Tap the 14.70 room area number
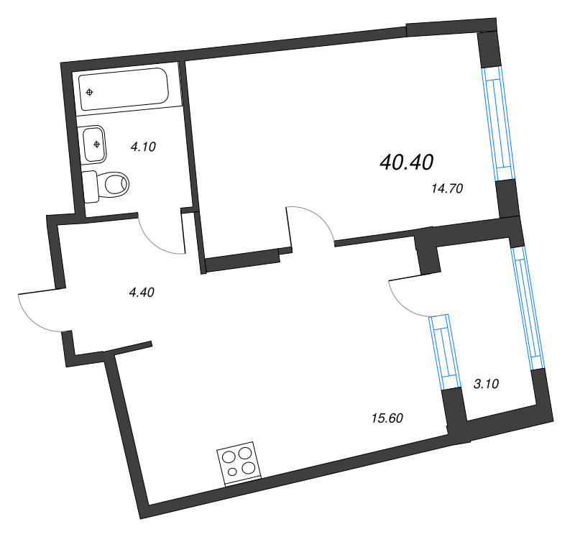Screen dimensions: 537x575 [x=446, y=190]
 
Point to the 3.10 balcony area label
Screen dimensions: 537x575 [x=486, y=383]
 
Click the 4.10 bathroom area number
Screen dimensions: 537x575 [x=143, y=147]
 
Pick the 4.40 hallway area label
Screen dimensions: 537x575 [x=142, y=292]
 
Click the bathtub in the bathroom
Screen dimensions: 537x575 [x=123, y=90]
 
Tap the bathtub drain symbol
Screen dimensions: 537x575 [x=89, y=92]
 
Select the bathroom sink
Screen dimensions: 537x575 [x=95, y=144]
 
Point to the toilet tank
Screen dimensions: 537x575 [x=90, y=187]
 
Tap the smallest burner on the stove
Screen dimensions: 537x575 [x=232, y=472]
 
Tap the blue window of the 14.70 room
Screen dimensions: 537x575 [x=498, y=123]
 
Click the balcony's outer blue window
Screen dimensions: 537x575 [x=528, y=308]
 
